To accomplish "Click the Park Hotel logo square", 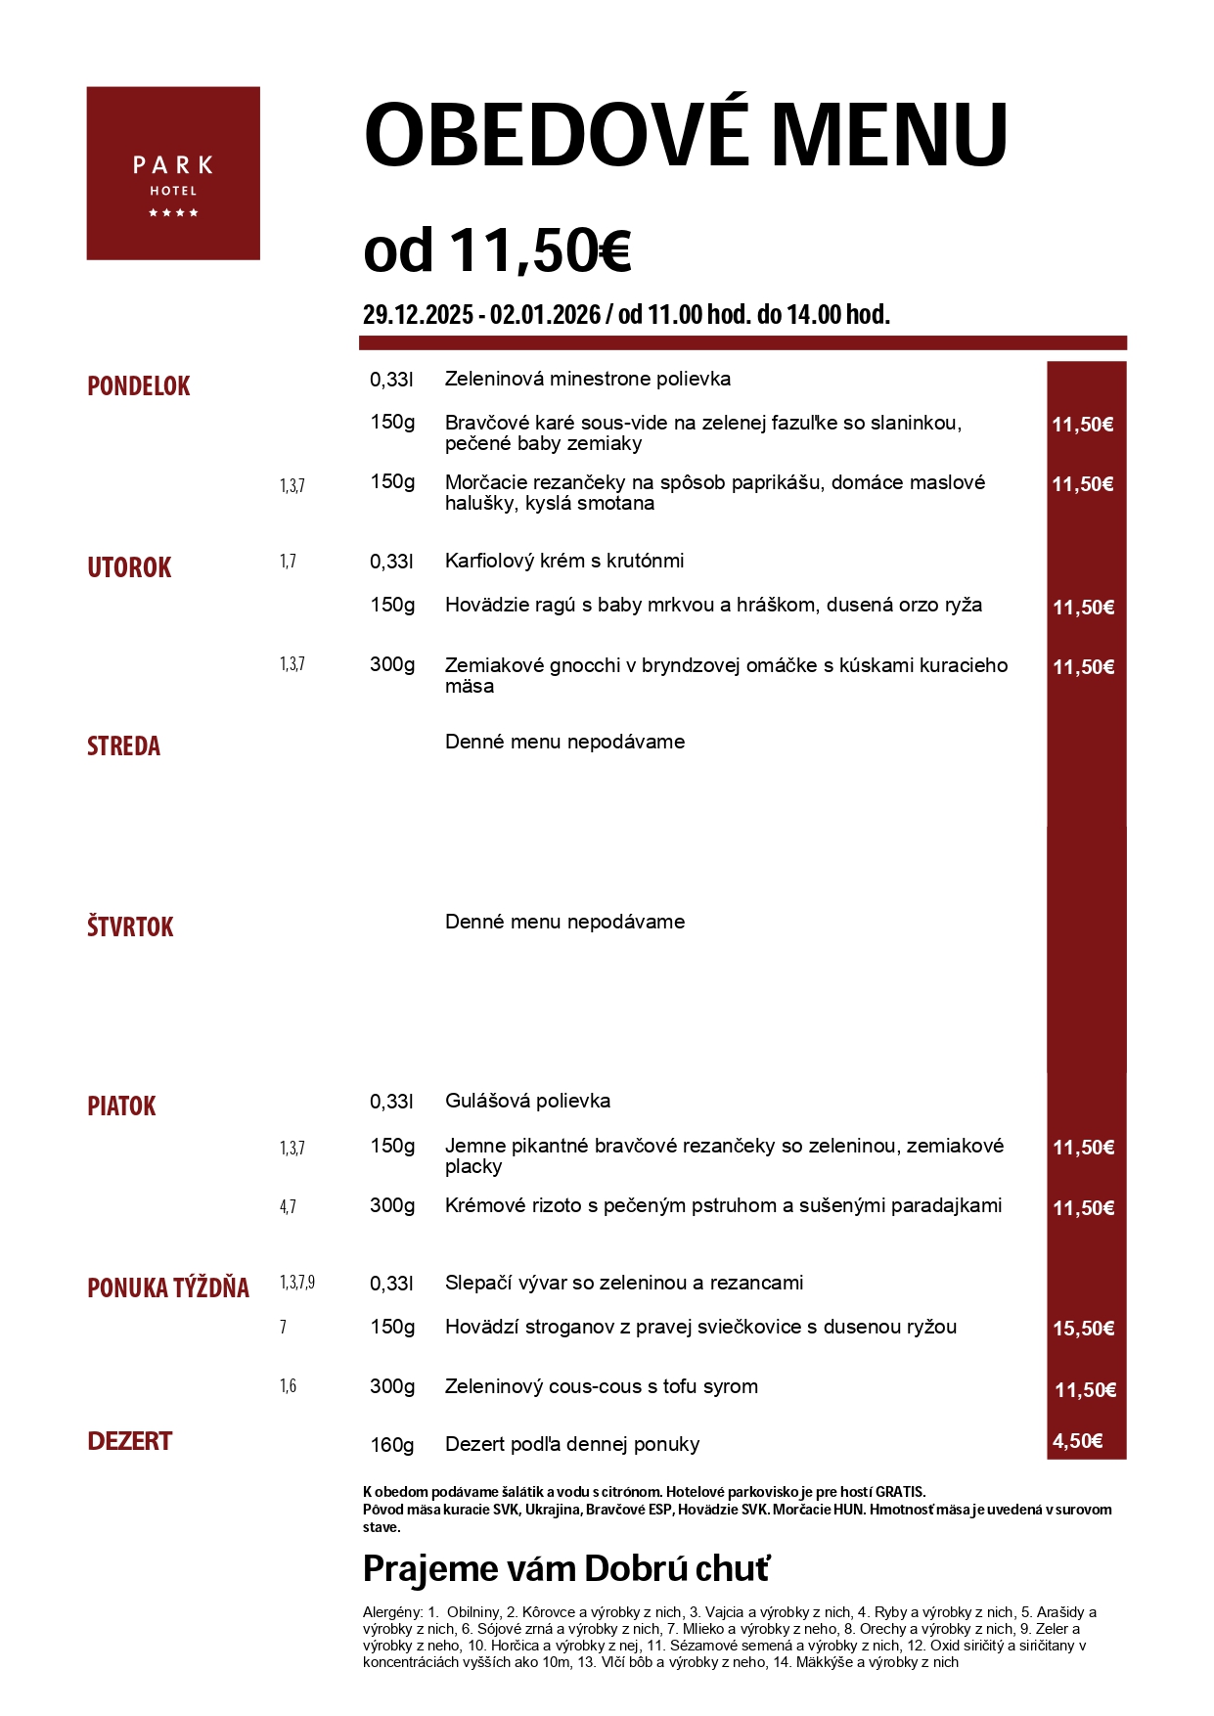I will [x=173, y=173].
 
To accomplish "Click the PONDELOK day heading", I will [x=139, y=386].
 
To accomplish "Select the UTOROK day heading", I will [x=129, y=568].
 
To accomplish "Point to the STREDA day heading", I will [x=123, y=746].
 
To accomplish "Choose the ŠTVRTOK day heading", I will [x=130, y=927].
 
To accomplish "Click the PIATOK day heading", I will [x=121, y=1106].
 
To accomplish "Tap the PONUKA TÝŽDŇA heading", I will [x=168, y=1288].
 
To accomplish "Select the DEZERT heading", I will [x=129, y=1441].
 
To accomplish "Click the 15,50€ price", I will [x=1083, y=1329].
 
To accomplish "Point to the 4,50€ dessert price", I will [x=1077, y=1441].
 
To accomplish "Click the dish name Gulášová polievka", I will [x=527, y=1101].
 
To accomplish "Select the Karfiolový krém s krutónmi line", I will [x=564, y=561].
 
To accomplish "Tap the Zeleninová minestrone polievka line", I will [x=587, y=379].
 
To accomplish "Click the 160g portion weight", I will [x=391, y=1445].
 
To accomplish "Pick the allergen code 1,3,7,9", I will [x=297, y=1283].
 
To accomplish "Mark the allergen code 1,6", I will [x=288, y=1386].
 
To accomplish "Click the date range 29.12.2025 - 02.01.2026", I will [x=481, y=315].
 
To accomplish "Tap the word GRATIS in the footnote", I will [x=899, y=1492].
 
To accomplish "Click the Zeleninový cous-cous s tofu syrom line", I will [x=601, y=1386].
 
